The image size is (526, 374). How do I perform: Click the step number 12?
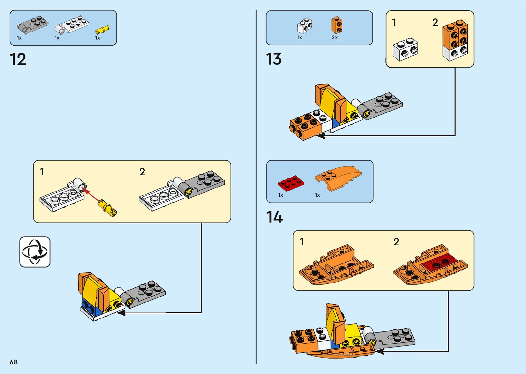tap(18, 59)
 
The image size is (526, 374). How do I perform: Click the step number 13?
tap(274, 59)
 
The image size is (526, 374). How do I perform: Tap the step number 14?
tap(275, 217)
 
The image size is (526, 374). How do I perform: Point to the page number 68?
tap(14, 362)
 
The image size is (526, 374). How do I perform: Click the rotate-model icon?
tap(35, 252)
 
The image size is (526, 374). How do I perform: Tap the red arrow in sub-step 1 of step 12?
tap(91, 194)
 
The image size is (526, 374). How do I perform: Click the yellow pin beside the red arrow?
tap(108, 208)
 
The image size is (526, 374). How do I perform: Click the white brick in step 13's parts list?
tap(305, 26)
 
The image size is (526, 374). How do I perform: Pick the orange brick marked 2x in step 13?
tap(337, 25)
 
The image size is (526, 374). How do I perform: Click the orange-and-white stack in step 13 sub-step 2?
tap(455, 41)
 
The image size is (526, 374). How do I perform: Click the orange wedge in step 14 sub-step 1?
tap(336, 265)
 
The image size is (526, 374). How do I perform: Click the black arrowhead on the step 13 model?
tap(320, 136)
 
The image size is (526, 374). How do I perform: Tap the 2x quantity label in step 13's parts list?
tap(335, 37)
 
